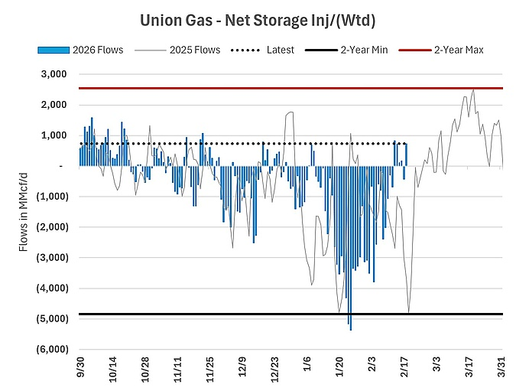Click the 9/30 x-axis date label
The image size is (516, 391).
[80, 363]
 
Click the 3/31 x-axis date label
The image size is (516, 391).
[501, 363]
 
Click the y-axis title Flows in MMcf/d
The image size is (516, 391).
[22, 212]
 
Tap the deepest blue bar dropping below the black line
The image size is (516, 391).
[350, 325]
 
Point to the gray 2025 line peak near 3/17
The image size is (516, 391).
[473, 90]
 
